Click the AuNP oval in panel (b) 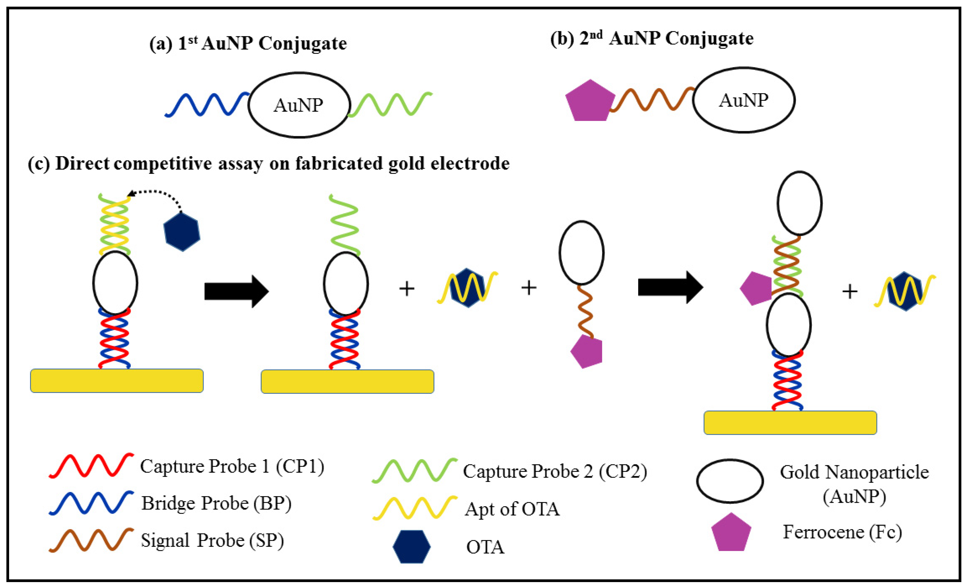point(744,100)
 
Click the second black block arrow point(670,287)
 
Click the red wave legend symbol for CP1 point(91,466)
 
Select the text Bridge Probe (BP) point(216,503)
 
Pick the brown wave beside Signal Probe point(91,539)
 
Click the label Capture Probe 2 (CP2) point(555,471)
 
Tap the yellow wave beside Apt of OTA point(415,508)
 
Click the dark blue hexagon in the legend point(411,547)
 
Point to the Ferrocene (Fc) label point(842,532)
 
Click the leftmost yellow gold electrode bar point(117,381)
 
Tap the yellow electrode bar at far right point(790,423)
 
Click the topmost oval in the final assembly point(799,203)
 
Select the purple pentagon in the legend point(731,533)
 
